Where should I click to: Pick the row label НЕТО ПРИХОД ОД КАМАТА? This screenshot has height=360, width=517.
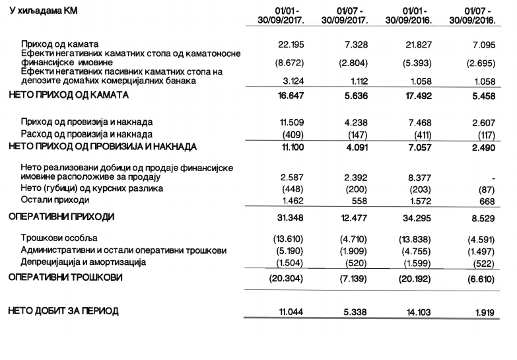69,95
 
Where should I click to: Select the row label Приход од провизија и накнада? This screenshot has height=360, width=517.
86,122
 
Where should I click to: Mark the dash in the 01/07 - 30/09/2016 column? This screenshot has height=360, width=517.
494,176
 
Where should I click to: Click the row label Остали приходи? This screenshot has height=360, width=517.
55,200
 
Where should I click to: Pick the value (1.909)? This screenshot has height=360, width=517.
353,250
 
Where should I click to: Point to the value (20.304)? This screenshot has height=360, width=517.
286,278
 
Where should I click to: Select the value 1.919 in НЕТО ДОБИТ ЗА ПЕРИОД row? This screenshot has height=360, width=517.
483,310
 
